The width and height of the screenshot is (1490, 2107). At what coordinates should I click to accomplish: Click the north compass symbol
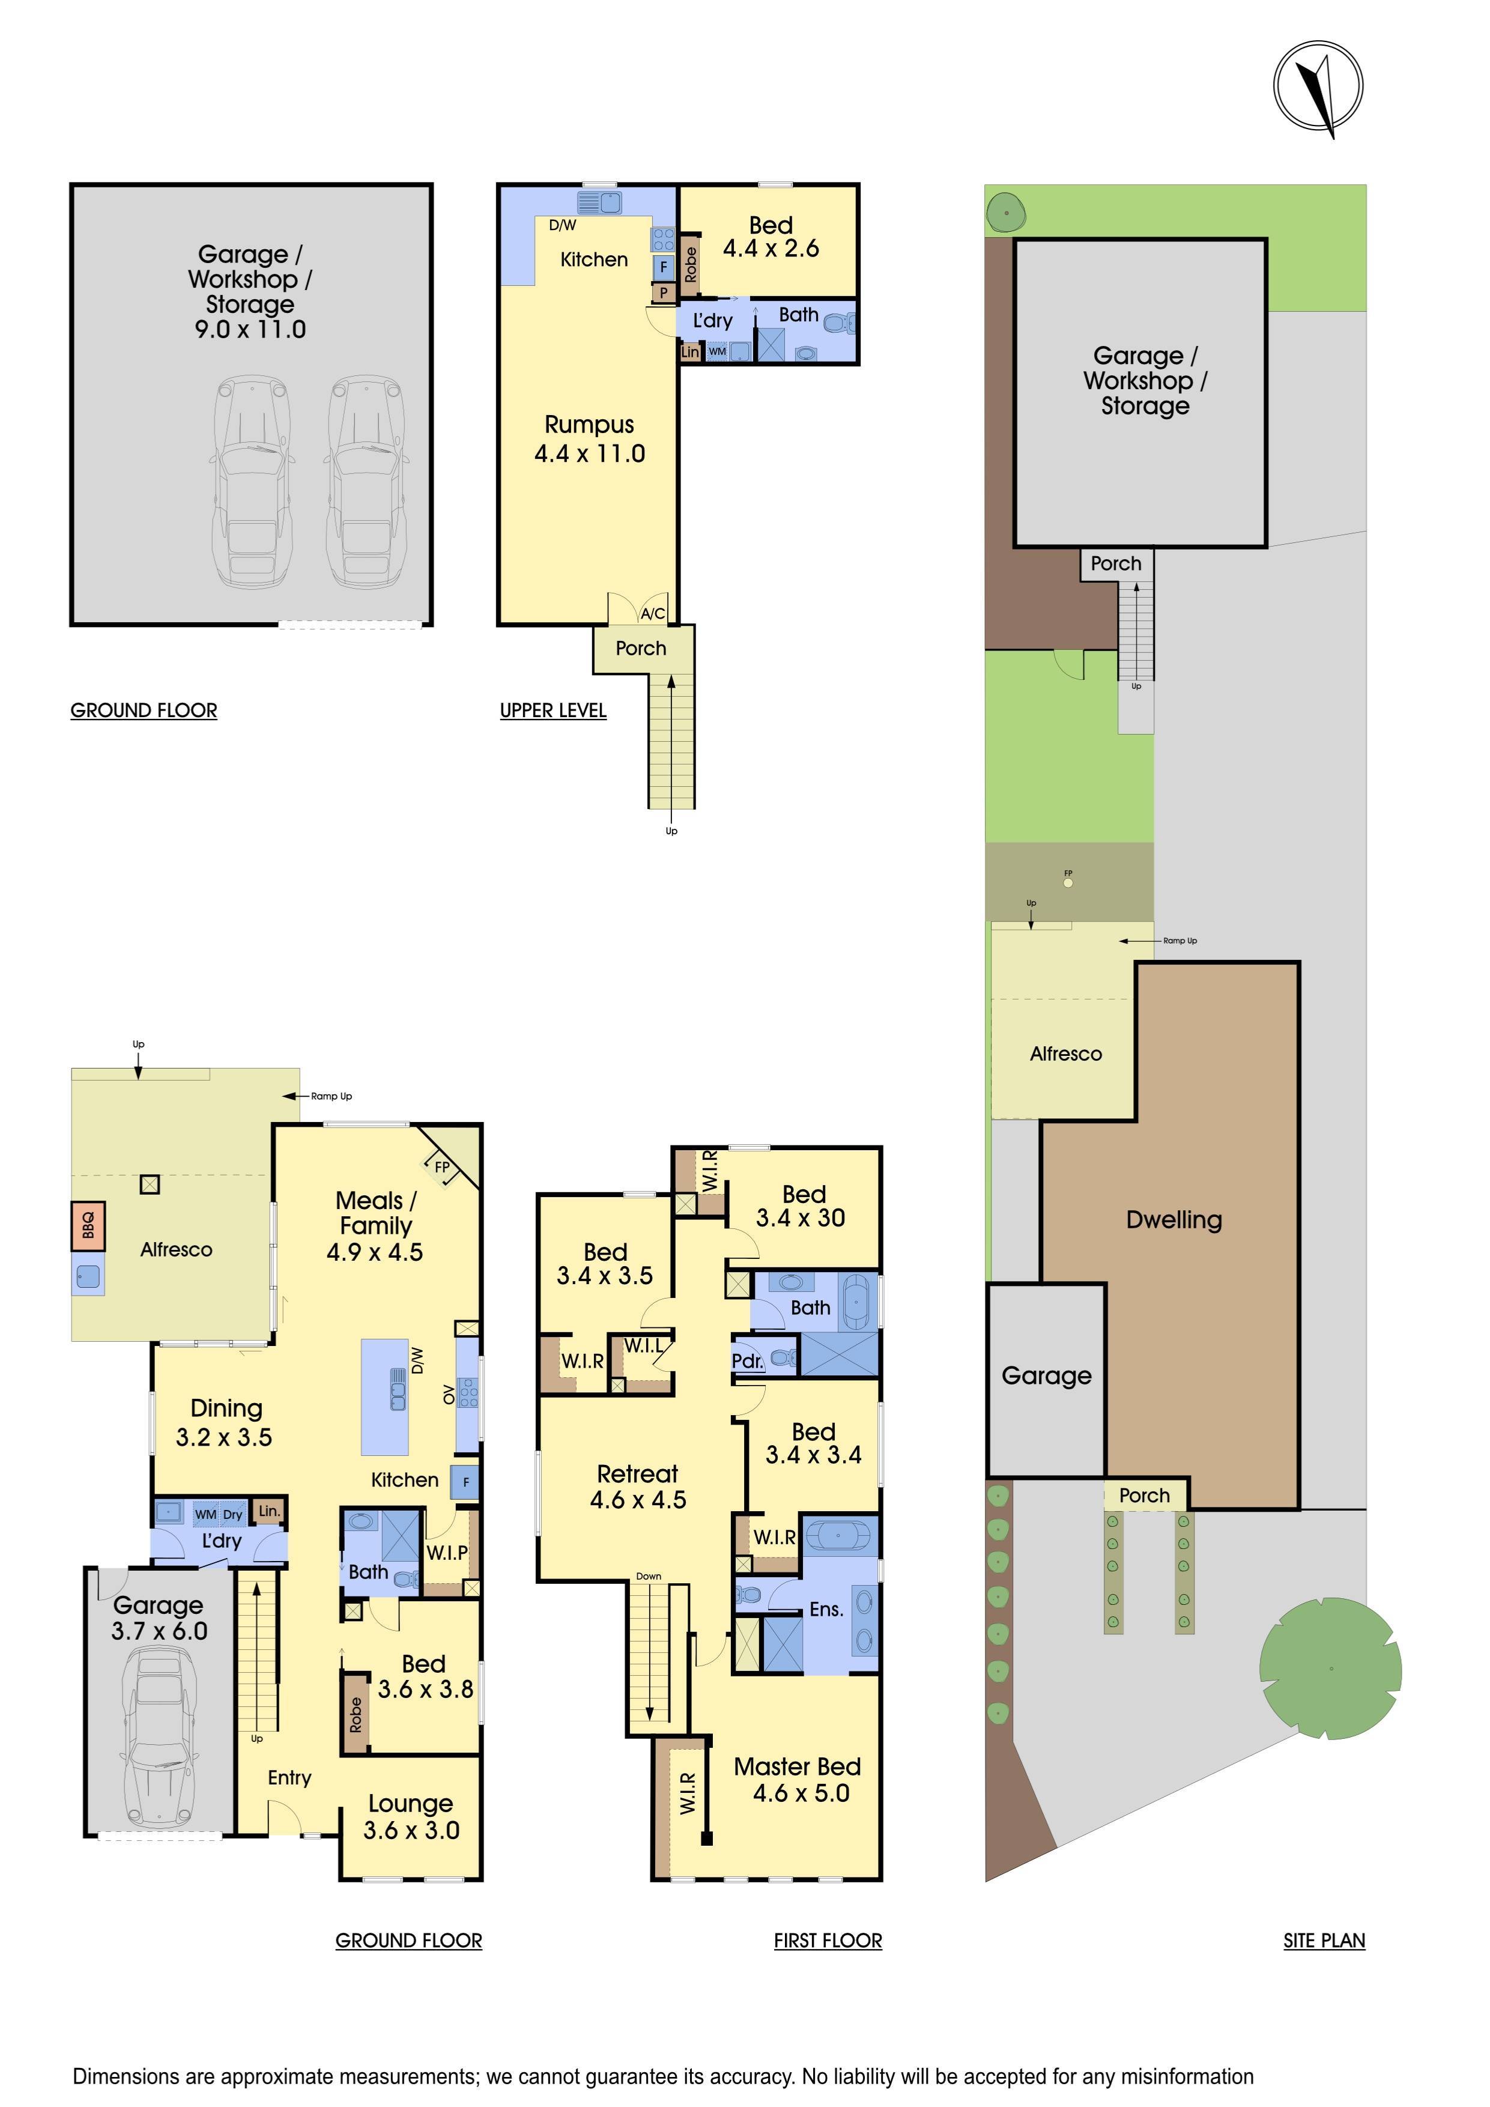click(x=1318, y=87)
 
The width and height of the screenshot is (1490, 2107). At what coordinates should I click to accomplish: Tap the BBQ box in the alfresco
click(x=88, y=1225)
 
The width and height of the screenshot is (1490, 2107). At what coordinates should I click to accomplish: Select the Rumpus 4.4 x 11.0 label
click(x=590, y=438)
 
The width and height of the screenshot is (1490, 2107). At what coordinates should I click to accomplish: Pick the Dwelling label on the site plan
click(x=1174, y=1220)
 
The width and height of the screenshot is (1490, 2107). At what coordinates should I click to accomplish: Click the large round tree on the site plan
click(x=1330, y=1669)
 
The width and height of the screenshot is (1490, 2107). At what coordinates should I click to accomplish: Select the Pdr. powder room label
click(x=748, y=1361)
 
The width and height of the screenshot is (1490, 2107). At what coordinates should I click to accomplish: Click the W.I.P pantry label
click(x=447, y=1553)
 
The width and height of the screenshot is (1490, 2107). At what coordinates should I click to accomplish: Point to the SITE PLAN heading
click(x=1324, y=1940)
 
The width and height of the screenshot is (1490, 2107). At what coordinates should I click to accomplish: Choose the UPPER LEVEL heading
click(x=553, y=711)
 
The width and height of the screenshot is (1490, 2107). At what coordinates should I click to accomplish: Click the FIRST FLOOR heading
click(x=828, y=1940)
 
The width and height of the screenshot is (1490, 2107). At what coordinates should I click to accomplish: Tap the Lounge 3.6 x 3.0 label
click(x=411, y=1817)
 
